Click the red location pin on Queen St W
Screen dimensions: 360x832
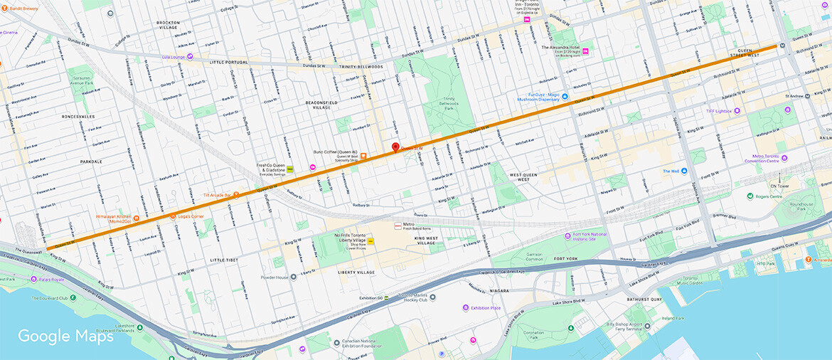coord(396,147)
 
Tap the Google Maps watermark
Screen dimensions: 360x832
coord(65,336)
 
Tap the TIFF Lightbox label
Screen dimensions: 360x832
coord(718,111)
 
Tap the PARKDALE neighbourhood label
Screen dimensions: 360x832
coord(91,162)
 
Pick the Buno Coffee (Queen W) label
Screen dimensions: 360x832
coord(334,152)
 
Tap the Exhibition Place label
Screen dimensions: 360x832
coord(486,308)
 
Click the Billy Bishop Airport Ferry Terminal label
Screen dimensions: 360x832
coord(645,327)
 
